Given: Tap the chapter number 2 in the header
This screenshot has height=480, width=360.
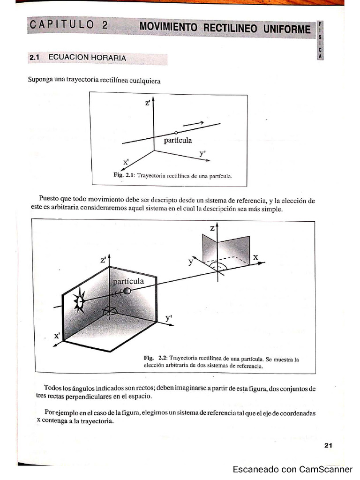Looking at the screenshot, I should (104, 25).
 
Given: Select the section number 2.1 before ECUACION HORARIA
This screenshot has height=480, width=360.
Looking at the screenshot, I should (36, 58).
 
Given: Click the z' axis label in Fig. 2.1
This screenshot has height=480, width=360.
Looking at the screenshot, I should (147, 103).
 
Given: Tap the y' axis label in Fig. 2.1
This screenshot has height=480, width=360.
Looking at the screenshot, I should (203, 153).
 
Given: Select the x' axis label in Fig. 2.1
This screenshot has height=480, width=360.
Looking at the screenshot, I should (126, 162).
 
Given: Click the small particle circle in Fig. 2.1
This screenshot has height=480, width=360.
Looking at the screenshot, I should (176, 133).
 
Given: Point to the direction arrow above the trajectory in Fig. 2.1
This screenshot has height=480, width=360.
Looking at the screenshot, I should (193, 123).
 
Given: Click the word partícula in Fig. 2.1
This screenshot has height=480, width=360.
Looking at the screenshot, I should (178, 140).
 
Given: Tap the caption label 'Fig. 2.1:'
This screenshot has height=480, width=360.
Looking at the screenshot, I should (124, 175).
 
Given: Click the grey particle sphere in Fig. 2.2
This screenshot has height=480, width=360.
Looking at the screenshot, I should (127, 291).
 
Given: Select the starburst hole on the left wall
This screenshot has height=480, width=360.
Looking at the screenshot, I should (80, 301).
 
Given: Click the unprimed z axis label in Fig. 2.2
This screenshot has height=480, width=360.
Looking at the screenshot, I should (212, 228).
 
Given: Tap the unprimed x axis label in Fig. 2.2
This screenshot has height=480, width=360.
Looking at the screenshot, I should (255, 257).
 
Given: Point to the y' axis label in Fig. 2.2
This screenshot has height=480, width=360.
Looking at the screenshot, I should (169, 318).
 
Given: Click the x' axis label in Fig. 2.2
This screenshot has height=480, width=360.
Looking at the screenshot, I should (57, 336).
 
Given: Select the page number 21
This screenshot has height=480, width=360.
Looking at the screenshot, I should (328, 446).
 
